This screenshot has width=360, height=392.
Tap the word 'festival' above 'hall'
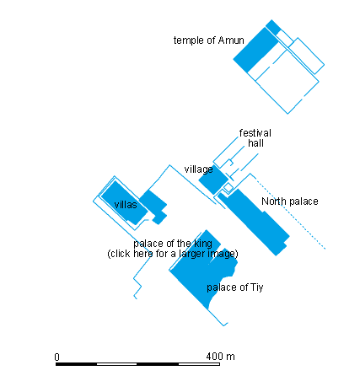coord(255,132)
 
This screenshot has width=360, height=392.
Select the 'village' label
coord(198,169)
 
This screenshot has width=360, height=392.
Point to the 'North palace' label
coord(289,201)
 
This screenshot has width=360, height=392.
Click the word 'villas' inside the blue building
coord(126,204)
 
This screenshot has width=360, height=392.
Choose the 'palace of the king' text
coord(171,244)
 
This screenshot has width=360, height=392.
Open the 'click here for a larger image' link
coord(172,254)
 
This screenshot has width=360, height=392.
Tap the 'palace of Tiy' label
coord(235,287)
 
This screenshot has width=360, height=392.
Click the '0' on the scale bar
coord(56,357)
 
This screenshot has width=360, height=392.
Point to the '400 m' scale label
coord(219,357)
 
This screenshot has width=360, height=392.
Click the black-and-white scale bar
coord(138,363)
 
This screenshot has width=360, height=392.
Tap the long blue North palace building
coord(256,223)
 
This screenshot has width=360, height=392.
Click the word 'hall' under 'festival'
coord(255,143)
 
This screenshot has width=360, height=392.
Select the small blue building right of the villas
coord(154,206)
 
